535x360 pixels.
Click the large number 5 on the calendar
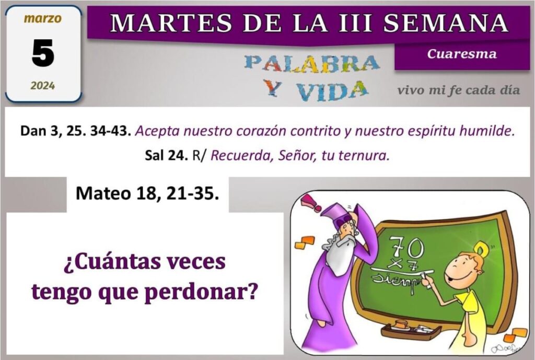click(x=43, y=53)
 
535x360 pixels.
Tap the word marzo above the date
click(x=43, y=18)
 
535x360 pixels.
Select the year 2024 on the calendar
click(x=43, y=85)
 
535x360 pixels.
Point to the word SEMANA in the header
click(x=446, y=22)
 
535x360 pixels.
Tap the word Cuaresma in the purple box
click(x=462, y=54)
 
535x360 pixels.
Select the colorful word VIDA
click(x=331, y=91)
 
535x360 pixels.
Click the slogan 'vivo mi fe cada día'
click(x=459, y=90)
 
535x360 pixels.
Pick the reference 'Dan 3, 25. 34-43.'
click(x=76, y=131)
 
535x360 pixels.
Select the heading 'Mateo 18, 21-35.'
click(x=147, y=194)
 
